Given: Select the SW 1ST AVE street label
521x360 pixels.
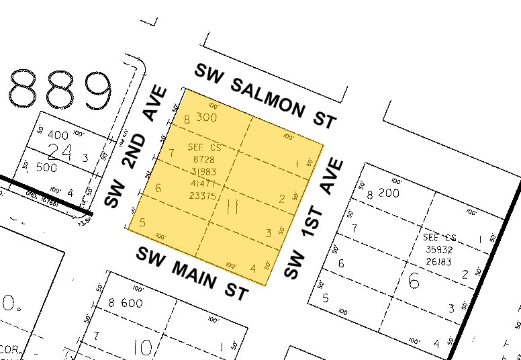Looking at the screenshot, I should [314, 218].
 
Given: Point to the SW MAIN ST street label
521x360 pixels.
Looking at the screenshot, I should [193, 273].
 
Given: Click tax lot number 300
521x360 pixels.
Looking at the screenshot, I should [207, 119].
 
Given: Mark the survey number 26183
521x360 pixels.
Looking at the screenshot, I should [440, 260].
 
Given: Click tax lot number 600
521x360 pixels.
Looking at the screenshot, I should [132, 303].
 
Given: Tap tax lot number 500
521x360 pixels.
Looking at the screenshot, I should [46, 167].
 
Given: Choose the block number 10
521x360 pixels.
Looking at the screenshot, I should [142, 347].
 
